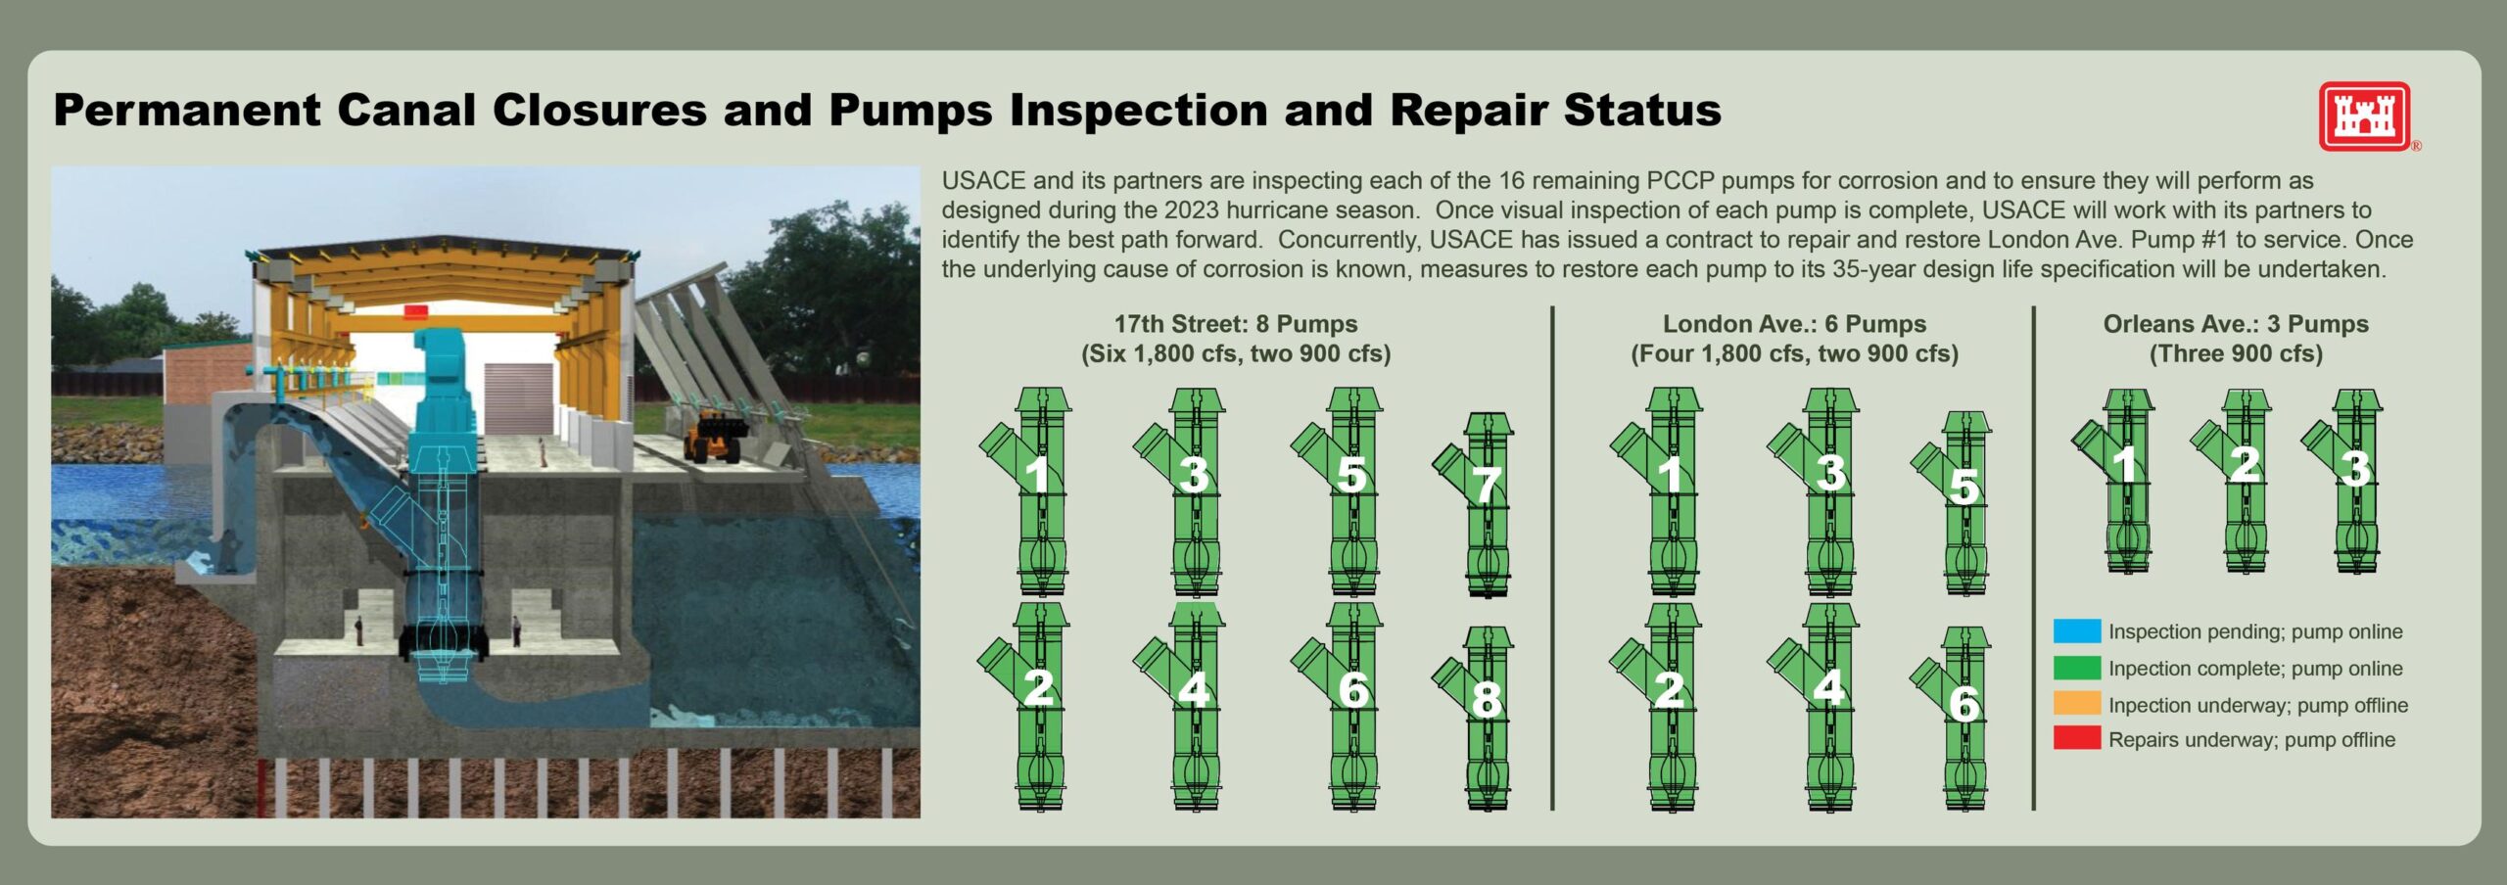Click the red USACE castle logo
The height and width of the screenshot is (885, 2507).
click(2364, 116)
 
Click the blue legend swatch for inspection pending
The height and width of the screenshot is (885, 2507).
click(2077, 631)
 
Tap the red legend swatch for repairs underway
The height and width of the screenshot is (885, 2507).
click(2077, 739)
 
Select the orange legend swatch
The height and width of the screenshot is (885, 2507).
click(2077, 704)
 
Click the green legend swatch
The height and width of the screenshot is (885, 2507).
click(2077, 668)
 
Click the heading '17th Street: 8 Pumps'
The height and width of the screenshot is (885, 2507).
click(1236, 324)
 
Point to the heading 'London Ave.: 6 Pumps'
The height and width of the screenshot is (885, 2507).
click(1794, 324)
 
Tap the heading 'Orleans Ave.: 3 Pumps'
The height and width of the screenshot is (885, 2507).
click(2236, 324)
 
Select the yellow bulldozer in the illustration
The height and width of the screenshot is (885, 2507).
click(713, 436)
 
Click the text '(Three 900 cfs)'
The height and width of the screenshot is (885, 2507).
click(2236, 353)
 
